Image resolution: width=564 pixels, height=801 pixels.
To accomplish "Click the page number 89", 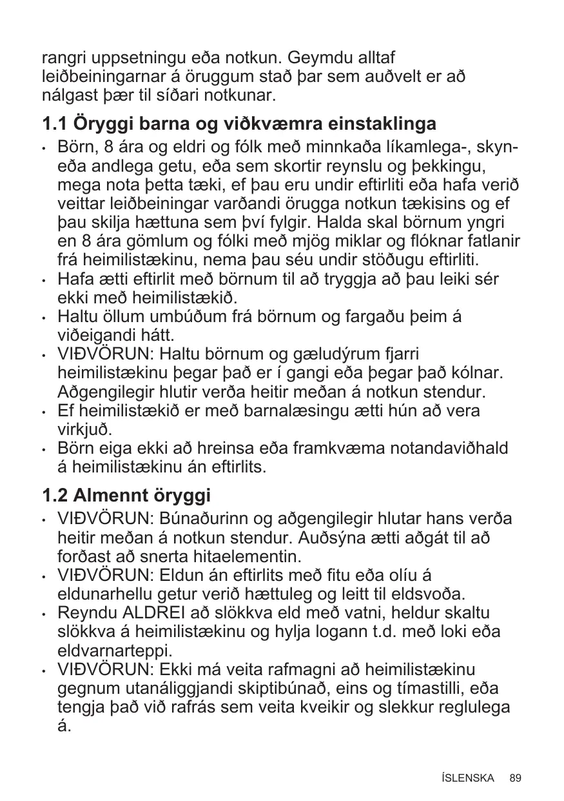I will click(x=515, y=778).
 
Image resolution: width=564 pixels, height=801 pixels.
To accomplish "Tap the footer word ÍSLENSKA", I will click(x=468, y=778).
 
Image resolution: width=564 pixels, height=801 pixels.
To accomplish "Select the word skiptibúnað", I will click(x=300, y=688).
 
